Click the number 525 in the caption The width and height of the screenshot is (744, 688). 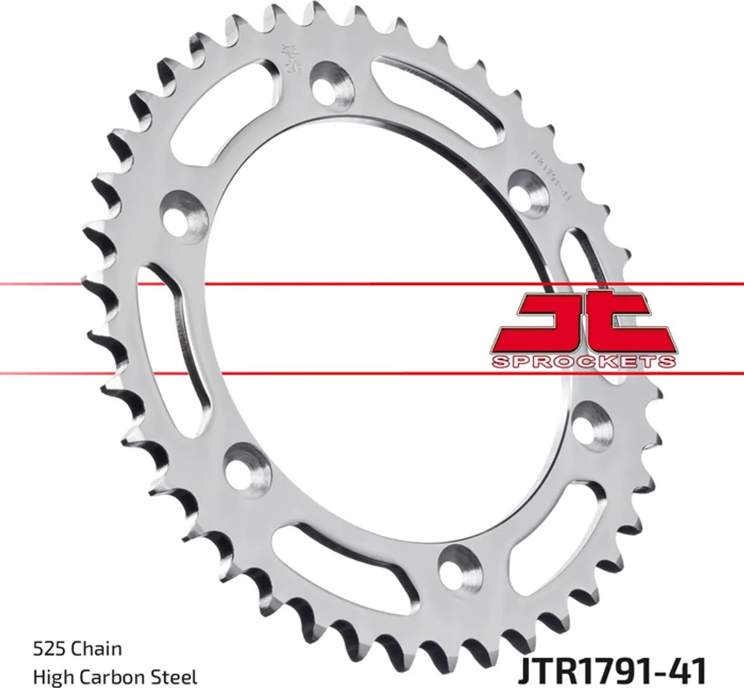46,648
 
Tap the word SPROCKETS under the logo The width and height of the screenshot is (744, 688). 583,361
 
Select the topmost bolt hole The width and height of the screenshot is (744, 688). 332,81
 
